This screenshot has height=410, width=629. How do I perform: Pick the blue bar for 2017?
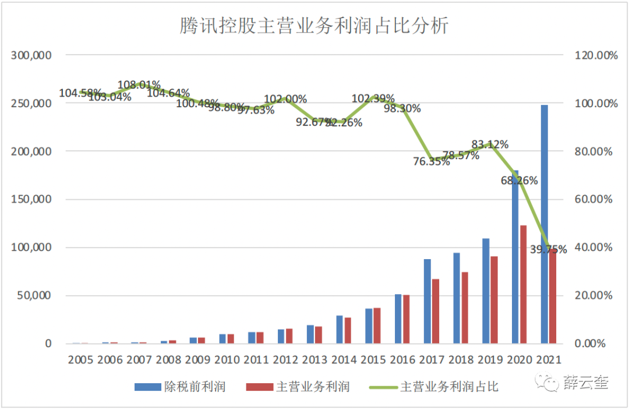(427, 301)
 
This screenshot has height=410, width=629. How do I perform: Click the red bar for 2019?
(494, 299)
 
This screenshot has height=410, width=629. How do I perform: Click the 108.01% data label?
(139, 85)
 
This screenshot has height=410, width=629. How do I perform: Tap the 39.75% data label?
(548, 249)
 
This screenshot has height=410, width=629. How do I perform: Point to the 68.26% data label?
(519, 181)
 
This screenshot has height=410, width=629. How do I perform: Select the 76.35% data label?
(432, 162)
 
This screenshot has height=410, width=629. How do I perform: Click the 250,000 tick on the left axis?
(31, 103)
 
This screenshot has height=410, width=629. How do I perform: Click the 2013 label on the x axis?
(314, 359)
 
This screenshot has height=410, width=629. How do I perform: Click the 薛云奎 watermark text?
(585, 383)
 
